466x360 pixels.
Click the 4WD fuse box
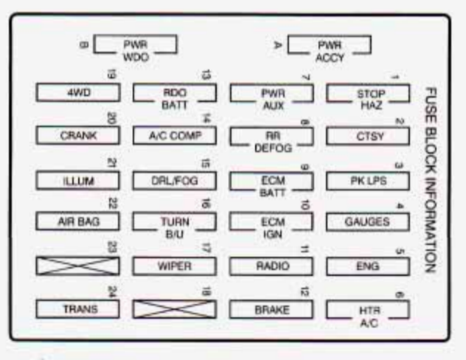tap(77, 93)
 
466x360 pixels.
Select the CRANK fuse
tap(77, 136)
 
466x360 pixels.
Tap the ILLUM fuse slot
tap(77, 179)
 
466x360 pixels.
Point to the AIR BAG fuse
tap(77, 221)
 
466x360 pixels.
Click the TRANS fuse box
tap(77, 308)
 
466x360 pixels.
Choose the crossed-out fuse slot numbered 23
tap(77, 266)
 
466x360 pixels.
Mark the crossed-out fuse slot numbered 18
tap(174, 308)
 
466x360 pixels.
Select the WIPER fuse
tap(174, 266)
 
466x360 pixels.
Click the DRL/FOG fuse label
tap(174, 179)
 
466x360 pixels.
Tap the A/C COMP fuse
tap(174, 136)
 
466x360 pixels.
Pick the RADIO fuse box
tap(271, 266)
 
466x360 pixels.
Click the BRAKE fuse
tap(271, 308)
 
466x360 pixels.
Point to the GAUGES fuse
tap(367, 221)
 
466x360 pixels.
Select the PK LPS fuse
tap(367, 179)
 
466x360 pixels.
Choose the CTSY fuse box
tap(367, 136)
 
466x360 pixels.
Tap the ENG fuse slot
tap(367, 266)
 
